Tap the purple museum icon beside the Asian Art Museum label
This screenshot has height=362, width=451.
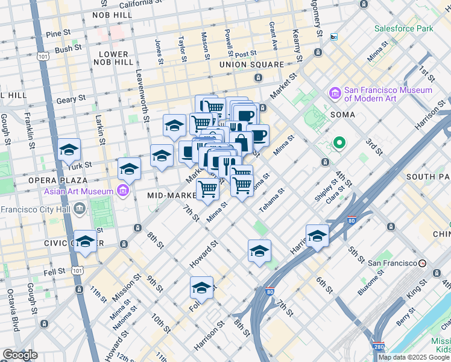coord(123,191)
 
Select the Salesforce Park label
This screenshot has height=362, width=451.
coord(403,28)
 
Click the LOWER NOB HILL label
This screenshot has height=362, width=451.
coord(115,58)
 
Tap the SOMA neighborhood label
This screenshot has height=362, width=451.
coord(342,114)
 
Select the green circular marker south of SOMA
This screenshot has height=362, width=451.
coord(339,144)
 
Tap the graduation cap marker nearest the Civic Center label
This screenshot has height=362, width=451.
coord(86,241)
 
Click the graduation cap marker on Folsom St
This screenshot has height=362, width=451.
coord(202,288)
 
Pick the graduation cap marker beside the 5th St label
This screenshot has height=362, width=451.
coord(317,236)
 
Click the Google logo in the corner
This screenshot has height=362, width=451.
coord(20,354)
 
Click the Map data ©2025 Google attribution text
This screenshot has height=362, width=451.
coord(414,357)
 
